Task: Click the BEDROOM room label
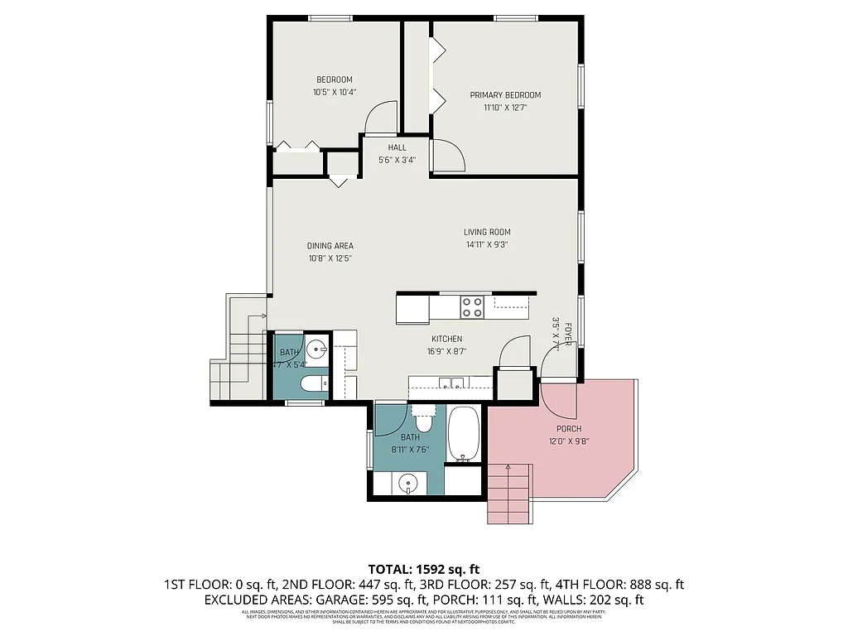point(334,79)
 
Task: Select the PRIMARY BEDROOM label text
point(505,95)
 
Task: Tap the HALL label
point(397,147)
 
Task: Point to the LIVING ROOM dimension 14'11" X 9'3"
point(486,244)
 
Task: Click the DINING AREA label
point(330,246)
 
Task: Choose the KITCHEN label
point(446,339)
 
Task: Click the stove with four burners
point(472,307)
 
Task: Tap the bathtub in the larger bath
point(464,434)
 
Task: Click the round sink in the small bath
point(315,348)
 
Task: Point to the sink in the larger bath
point(407,484)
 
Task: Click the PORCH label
point(569,429)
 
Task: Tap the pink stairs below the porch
point(508,494)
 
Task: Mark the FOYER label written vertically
point(568,335)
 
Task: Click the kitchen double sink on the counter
point(451,383)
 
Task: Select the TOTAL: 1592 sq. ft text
point(423,569)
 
